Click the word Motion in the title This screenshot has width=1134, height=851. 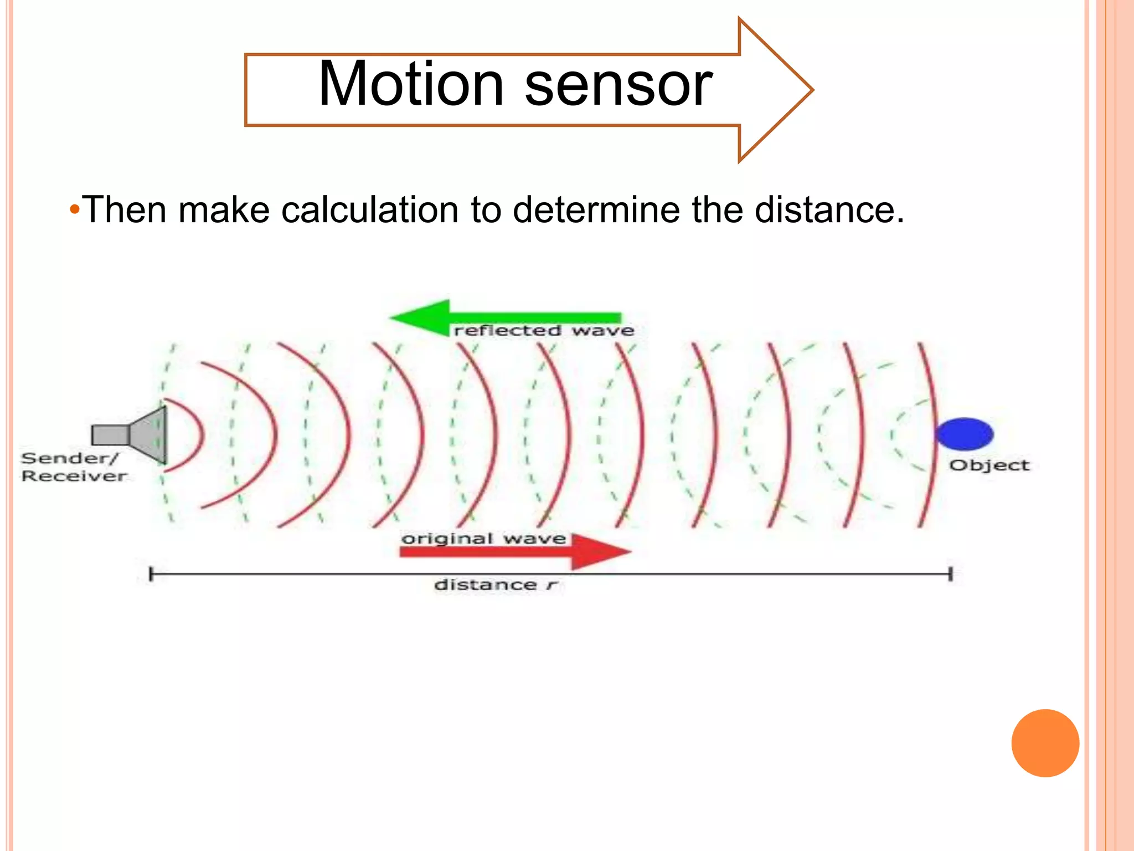click(x=410, y=85)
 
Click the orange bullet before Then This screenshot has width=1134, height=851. click(x=75, y=211)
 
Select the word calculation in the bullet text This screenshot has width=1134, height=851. click(x=370, y=210)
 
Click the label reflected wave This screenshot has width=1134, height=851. click(x=544, y=331)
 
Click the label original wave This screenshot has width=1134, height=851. click(x=483, y=539)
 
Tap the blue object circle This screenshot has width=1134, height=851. click(x=965, y=434)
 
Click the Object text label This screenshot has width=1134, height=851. click(x=989, y=465)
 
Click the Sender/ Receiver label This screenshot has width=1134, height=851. click(x=72, y=467)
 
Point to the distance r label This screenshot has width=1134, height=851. click(x=494, y=585)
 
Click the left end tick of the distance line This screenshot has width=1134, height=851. click(x=151, y=574)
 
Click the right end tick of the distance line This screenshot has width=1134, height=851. click(x=950, y=574)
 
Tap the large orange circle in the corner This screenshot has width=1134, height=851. click(x=1045, y=743)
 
